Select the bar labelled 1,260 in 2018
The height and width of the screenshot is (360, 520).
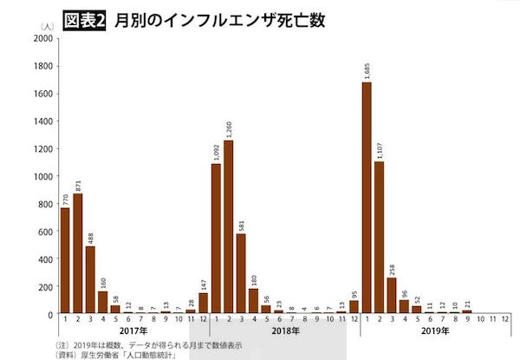(x=229, y=226)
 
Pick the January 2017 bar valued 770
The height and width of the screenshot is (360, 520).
(x=64, y=260)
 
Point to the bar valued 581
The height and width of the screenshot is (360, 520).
(x=241, y=273)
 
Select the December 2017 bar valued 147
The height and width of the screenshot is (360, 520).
(x=203, y=303)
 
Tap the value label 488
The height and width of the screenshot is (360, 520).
(x=90, y=234)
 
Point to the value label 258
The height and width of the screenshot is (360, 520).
(x=392, y=265)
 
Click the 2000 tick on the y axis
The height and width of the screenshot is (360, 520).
(x=42, y=38)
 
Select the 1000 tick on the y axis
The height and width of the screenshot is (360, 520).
(x=42, y=176)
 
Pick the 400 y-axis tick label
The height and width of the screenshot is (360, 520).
(x=44, y=259)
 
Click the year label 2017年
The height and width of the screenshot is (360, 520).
(x=133, y=332)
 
